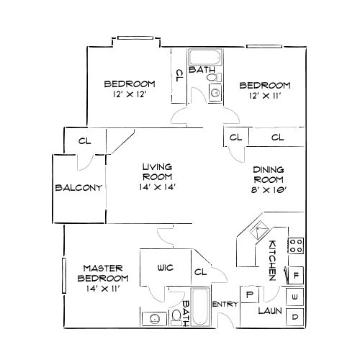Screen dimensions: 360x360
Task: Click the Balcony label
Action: point(78,187)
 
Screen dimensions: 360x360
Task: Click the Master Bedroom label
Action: point(104,272)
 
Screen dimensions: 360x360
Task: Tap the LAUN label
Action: point(269,311)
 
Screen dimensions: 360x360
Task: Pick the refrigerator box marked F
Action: point(295,274)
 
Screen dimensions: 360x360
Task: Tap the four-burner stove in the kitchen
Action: point(295,246)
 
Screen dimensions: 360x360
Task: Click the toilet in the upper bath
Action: point(214,91)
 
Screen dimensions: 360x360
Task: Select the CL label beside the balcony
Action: point(84,140)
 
